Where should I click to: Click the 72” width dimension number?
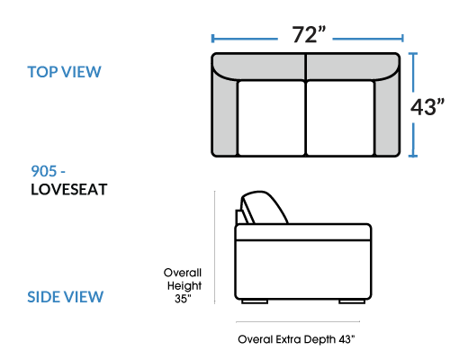(309, 34)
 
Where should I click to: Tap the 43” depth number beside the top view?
(427, 107)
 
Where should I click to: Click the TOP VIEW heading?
(64, 72)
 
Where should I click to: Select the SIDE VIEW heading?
(65, 297)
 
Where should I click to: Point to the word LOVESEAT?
(69, 190)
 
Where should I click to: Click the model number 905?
(44, 171)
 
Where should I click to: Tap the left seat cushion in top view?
(271, 118)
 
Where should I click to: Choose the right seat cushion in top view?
(340, 118)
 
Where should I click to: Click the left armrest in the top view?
(225, 117)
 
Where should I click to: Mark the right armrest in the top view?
(387, 117)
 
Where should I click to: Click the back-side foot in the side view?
(255, 301)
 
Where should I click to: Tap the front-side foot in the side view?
(352, 301)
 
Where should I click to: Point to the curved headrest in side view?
(264, 207)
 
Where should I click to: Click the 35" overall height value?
(183, 299)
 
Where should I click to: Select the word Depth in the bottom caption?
(319, 340)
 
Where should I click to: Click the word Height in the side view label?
(184, 286)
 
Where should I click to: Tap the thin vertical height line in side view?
(215, 247)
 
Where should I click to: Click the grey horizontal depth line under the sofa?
(298, 321)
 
